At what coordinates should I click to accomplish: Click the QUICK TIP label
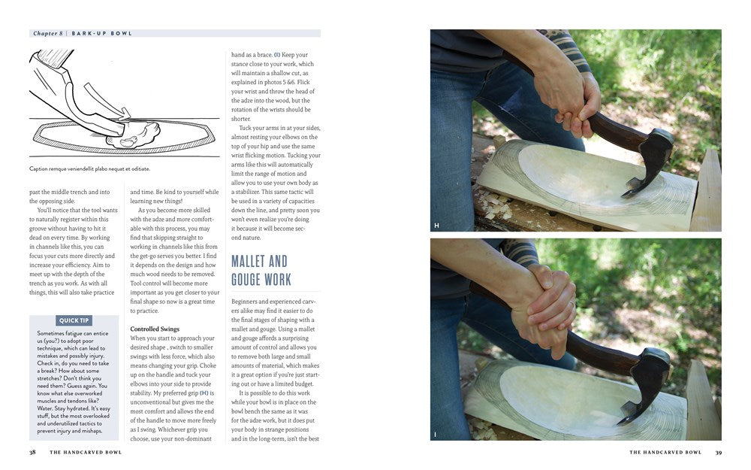tap(74, 320)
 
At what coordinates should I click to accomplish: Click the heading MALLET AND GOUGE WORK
tap(261, 271)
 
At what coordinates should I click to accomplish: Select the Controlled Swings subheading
tap(155, 329)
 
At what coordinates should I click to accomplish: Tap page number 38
tap(32, 452)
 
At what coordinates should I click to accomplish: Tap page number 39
tap(719, 452)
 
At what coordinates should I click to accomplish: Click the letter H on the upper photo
tap(436, 226)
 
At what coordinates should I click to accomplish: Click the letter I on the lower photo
tap(435, 435)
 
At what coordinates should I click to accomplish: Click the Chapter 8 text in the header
tap(48, 34)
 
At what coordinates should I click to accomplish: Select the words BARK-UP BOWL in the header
tap(101, 34)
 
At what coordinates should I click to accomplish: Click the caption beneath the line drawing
tap(89, 168)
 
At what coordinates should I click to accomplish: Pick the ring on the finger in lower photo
tap(572, 303)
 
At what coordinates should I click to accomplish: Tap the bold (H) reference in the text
tap(204, 393)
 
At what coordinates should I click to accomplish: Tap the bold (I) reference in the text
tap(277, 55)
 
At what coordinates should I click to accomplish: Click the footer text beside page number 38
tap(86, 452)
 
